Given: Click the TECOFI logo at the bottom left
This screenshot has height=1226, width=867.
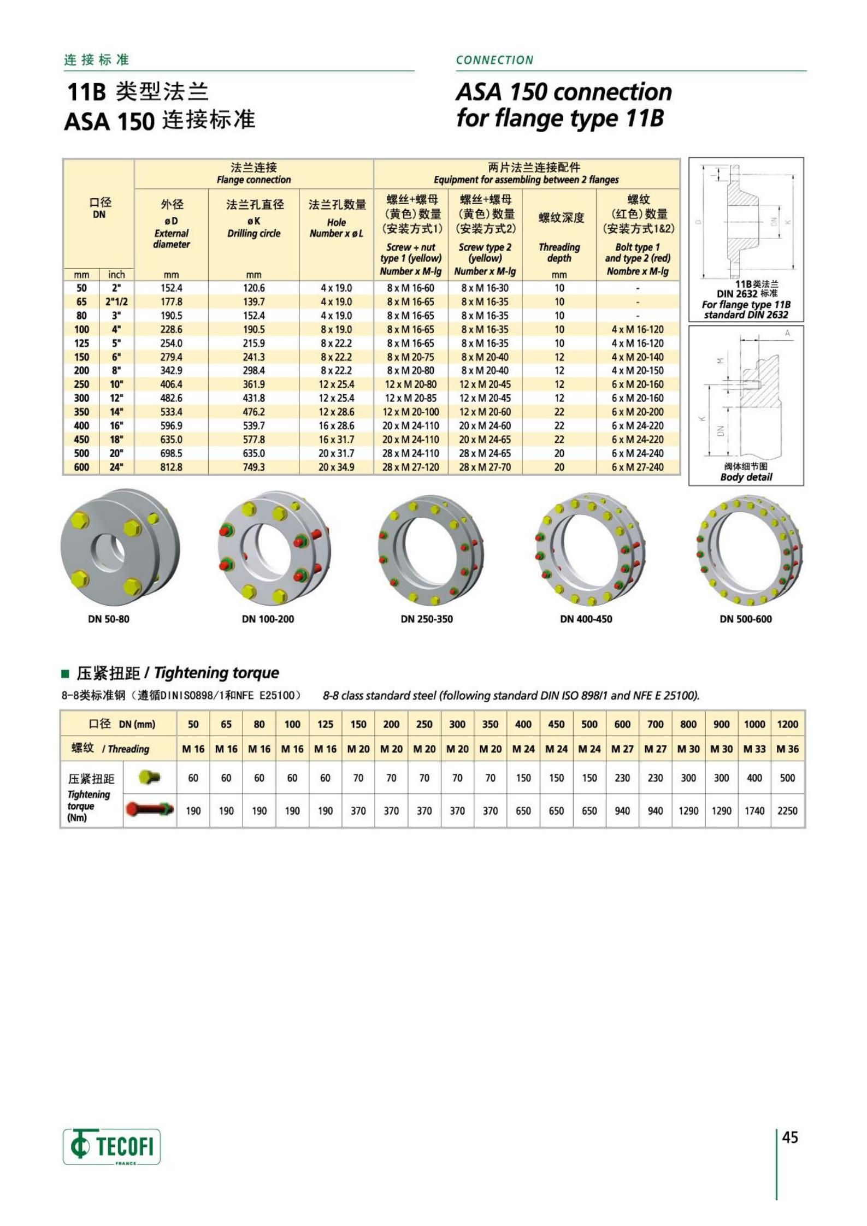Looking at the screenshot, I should (111, 1146).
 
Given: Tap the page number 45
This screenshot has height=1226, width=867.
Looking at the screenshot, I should (790, 1137).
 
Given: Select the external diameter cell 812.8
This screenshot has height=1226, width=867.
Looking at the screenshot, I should (171, 467).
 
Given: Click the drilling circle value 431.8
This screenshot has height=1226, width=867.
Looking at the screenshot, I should (253, 398).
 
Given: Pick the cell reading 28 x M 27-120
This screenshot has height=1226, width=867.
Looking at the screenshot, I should (410, 467).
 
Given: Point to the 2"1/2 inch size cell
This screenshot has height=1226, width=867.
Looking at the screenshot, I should (116, 301).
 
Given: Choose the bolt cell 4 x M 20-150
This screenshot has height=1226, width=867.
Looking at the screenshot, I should (638, 370).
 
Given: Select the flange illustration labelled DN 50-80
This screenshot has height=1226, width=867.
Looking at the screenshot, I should (112, 547).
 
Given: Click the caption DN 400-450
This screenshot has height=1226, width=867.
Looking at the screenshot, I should (586, 619).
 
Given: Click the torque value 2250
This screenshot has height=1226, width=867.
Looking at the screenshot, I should (787, 810).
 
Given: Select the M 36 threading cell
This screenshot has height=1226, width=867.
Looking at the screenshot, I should (787, 749).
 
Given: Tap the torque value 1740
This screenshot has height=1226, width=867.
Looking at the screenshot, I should (754, 810).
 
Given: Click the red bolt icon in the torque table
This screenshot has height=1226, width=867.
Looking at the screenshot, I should (150, 809).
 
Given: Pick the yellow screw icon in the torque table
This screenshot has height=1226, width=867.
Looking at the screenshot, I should (150, 777).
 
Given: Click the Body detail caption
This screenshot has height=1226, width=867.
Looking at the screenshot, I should (746, 477).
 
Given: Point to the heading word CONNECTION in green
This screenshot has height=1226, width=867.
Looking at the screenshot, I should (494, 60).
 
